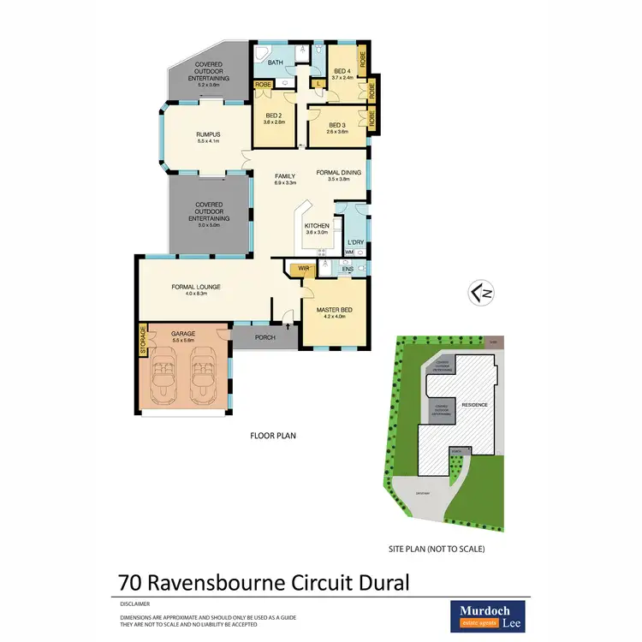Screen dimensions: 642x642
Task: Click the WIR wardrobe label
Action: tap(299, 270)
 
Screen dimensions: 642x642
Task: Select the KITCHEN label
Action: tap(317, 226)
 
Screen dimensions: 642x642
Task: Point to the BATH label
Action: tap(276, 62)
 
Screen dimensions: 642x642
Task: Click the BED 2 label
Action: tap(274, 116)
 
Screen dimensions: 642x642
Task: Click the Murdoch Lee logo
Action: tap(489, 615)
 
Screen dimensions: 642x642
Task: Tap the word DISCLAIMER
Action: tap(135, 603)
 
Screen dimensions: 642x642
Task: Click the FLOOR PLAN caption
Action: tap(272, 436)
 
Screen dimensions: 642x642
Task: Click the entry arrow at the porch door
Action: tap(288, 326)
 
